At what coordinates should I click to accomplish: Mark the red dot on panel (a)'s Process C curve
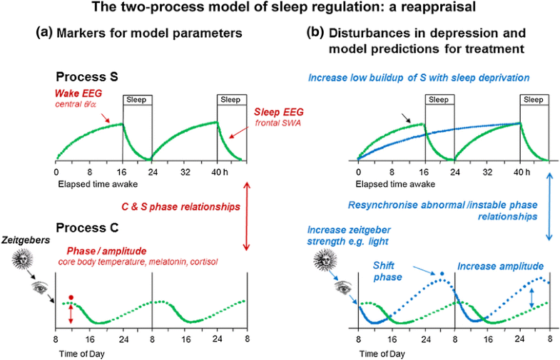coord(71,297)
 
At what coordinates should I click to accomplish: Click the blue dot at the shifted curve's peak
coord(442,274)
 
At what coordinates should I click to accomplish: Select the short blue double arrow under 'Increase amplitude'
coord(532,297)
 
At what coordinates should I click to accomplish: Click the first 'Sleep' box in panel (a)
coord(136,99)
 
